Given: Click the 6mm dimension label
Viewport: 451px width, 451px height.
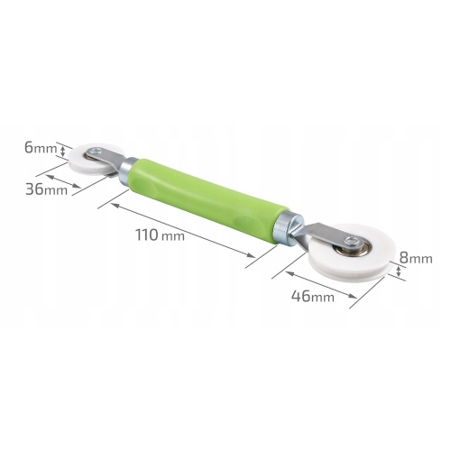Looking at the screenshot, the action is [41, 148].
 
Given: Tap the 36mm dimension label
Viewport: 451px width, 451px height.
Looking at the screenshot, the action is [47, 189].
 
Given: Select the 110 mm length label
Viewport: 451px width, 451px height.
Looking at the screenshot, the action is [160, 235].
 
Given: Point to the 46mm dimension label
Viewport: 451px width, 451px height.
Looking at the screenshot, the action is [313, 296].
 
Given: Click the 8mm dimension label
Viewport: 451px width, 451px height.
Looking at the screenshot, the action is [416, 258].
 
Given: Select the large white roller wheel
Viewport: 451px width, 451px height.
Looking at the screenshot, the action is [352, 253].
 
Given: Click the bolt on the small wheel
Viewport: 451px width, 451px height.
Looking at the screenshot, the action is [97, 151].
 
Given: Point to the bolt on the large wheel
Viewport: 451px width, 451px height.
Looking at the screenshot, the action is [351, 240].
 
